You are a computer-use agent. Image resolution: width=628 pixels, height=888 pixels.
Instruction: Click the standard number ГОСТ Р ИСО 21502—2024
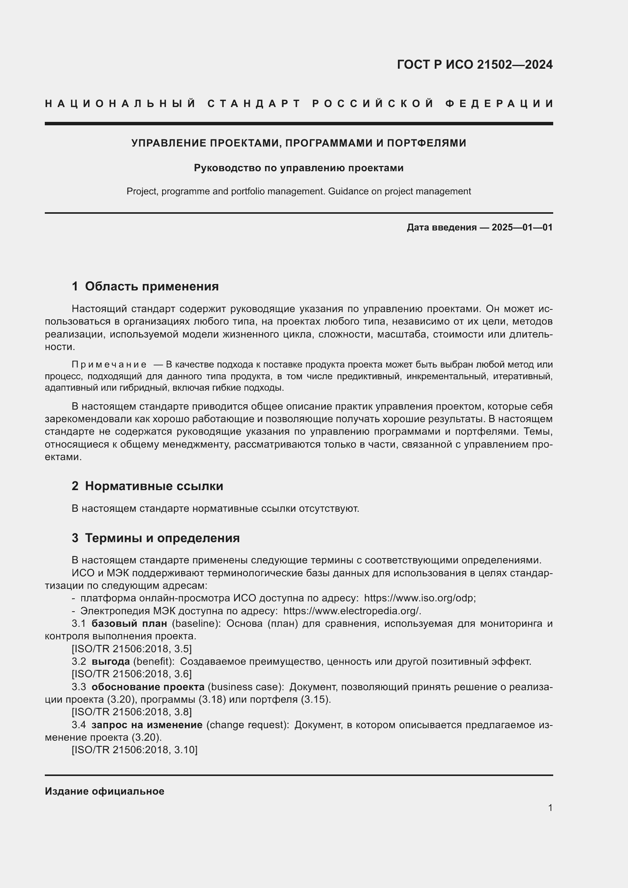point(475,65)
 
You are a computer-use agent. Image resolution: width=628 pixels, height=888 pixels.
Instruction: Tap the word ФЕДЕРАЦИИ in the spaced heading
point(499,104)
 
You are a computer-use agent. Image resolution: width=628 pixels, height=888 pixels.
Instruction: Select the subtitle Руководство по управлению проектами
point(298,168)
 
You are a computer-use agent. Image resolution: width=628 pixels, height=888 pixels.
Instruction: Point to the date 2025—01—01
point(522,227)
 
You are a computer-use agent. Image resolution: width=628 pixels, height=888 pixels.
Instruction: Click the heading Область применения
point(151,286)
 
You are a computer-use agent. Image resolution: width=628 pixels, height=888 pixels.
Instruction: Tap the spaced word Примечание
point(109,364)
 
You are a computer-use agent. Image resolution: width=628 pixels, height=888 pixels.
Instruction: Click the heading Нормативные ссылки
point(154,486)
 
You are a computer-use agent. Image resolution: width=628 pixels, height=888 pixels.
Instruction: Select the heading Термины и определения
point(163,538)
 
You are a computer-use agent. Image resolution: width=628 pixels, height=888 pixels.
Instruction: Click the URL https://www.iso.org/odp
point(419,598)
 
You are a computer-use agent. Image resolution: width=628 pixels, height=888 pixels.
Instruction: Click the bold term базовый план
point(129,623)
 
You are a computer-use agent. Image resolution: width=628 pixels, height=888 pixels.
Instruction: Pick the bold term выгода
point(110,661)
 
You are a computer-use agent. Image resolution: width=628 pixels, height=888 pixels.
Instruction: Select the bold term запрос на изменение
point(147,725)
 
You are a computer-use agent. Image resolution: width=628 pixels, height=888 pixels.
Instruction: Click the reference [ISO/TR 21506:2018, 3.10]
point(134,750)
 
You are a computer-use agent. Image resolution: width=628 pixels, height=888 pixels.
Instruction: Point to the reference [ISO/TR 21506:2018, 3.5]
point(131,648)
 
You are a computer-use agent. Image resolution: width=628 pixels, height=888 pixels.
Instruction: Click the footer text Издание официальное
point(104,791)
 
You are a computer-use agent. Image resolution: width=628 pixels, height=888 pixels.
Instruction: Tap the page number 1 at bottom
point(550,808)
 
